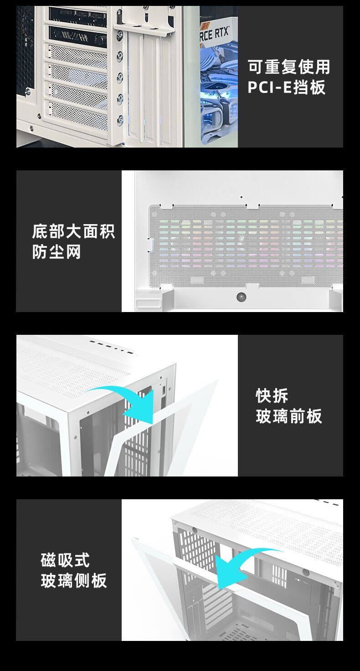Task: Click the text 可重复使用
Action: tap(289, 67)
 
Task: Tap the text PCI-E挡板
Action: tap(287, 87)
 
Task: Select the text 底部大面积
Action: tap(73, 231)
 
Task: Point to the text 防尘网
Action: tap(57, 251)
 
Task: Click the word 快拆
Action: tap(272, 396)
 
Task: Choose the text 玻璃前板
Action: tap(289, 416)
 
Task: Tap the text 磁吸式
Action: tap(65, 560)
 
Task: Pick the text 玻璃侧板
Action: tap(74, 581)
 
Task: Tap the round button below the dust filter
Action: tap(242, 297)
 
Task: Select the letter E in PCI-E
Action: tap(287, 87)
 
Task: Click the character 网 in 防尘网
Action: tap(73, 251)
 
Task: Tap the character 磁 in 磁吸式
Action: tap(49, 560)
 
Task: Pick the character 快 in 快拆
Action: tap(264, 396)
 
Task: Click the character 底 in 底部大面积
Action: tap(40, 231)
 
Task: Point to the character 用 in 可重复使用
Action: tap(322, 67)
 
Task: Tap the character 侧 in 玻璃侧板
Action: tap(82, 581)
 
